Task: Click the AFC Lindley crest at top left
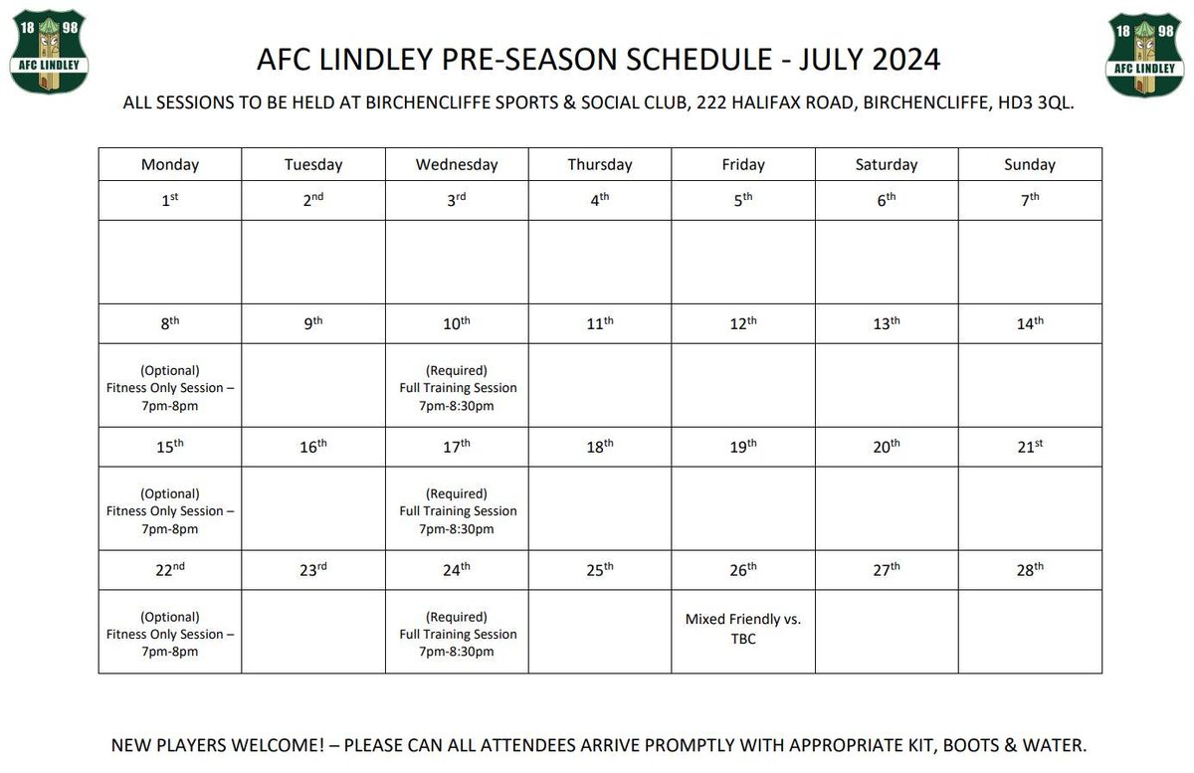click(50, 54)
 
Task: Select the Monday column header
click(170, 165)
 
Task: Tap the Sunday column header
click(1030, 165)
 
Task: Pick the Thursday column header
click(600, 165)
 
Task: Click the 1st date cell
click(170, 200)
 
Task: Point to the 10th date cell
click(457, 323)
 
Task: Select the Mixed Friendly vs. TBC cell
click(743, 629)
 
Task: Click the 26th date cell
click(743, 570)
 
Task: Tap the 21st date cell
click(1030, 447)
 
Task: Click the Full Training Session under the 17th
click(458, 511)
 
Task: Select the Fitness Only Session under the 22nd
click(170, 635)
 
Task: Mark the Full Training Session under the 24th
click(458, 635)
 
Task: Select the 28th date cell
click(1030, 570)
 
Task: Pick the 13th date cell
click(887, 323)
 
